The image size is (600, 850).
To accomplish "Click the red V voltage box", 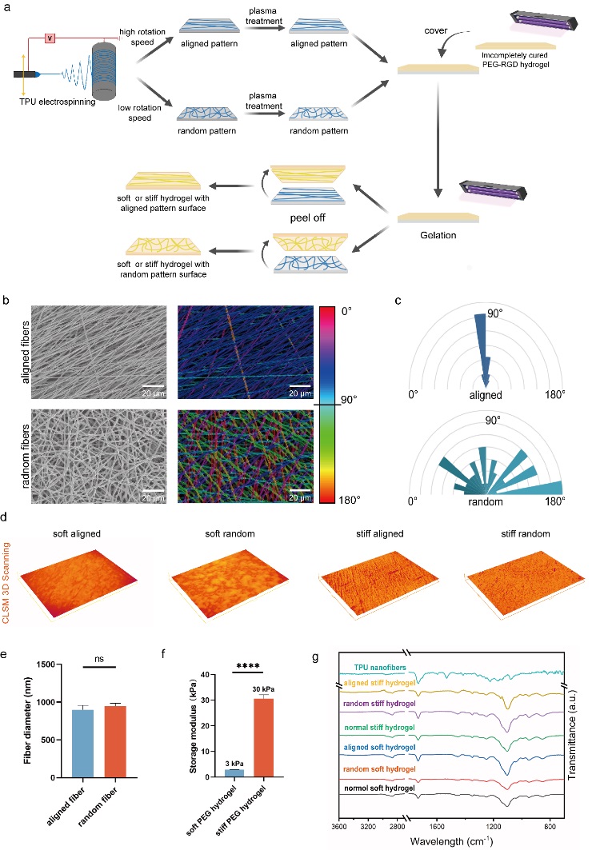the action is (x=50, y=38).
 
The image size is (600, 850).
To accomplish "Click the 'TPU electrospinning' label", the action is (x=58, y=102).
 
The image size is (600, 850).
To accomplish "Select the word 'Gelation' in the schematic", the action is (x=438, y=235).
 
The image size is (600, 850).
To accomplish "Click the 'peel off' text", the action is (x=307, y=218).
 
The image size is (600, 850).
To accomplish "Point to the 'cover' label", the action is (x=436, y=31).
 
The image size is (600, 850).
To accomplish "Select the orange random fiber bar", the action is (x=115, y=741).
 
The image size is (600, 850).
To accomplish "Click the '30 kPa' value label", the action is (x=263, y=689).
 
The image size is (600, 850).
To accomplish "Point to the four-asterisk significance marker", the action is (x=248, y=666).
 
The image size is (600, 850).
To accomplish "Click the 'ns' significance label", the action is (x=98, y=659).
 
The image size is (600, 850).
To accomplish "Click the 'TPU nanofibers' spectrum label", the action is (x=380, y=668).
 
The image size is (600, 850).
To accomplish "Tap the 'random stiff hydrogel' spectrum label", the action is (x=380, y=704).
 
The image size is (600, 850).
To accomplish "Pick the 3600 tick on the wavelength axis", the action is (x=339, y=827).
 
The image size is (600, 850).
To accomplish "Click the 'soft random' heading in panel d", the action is (x=230, y=534).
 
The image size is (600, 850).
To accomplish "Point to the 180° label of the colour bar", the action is (x=350, y=500).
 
